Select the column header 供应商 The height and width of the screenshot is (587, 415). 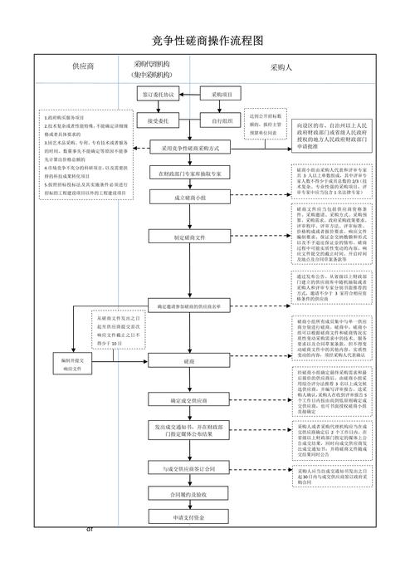[x=83, y=66]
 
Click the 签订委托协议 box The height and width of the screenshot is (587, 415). [x=158, y=95]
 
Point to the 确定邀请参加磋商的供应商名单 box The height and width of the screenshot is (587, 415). [x=189, y=306]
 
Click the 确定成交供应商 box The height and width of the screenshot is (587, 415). [x=189, y=400]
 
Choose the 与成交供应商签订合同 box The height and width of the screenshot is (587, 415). [x=189, y=469]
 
